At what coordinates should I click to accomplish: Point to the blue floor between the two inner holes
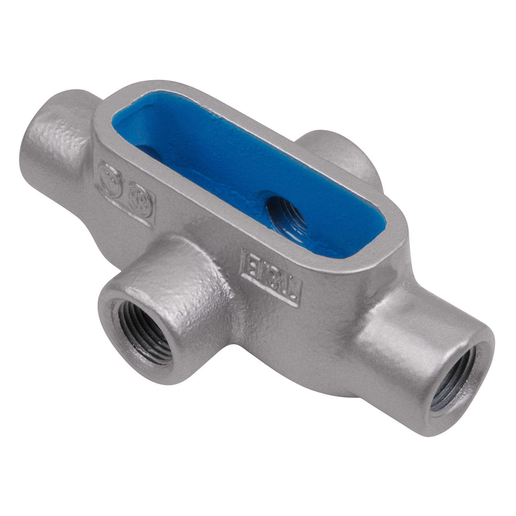213,175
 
